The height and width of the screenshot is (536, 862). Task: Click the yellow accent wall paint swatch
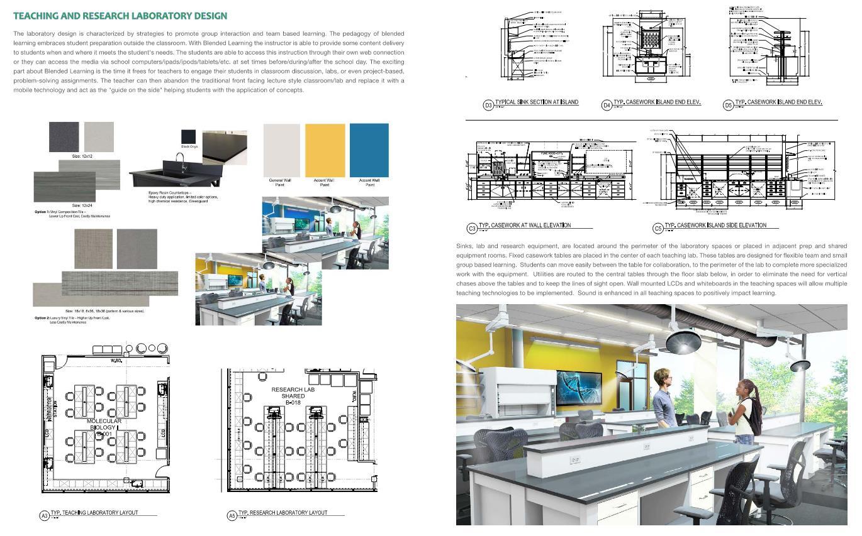[x=325, y=150]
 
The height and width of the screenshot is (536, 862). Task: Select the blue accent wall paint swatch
[x=369, y=150]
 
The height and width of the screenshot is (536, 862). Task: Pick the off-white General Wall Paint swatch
[x=281, y=150]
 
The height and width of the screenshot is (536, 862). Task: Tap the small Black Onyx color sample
[x=189, y=136]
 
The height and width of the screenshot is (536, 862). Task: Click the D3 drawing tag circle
[x=488, y=105]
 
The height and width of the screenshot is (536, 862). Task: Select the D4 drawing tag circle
[x=607, y=105]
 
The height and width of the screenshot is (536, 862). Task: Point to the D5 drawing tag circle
[x=728, y=105]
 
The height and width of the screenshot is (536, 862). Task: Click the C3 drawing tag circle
[x=472, y=228]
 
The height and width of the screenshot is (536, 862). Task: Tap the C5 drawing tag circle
[x=658, y=228]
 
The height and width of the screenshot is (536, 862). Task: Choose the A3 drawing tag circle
[x=44, y=515]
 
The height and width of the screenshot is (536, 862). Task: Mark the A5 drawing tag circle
[x=232, y=515]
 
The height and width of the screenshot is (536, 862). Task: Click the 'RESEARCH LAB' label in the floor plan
[x=293, y=390]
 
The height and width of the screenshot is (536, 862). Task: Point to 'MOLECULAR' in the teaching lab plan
[x=104, y=421]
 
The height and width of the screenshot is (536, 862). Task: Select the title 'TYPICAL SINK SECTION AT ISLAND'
[x=537, y=102]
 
